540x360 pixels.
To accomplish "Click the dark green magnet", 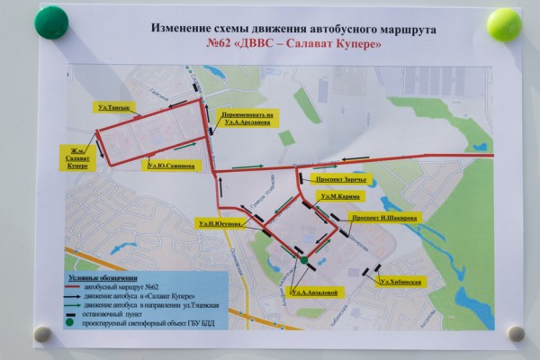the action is pyautogui.click(x=51, y=22).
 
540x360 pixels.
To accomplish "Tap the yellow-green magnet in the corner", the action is pyautogui.click(x=505, y=25).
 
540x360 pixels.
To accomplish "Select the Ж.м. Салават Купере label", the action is pyautogui.click(x=76, y=158).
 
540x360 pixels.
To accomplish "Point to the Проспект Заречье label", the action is pyautogui.click(x=342, y=178).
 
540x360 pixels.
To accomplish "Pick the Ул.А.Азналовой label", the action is pyautogui.click(x=314, y=292).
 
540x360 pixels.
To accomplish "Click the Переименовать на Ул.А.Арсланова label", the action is pyautogui.click(x=244, y=119).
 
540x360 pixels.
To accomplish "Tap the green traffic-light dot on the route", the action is pyautogui.click(x=304, y=262).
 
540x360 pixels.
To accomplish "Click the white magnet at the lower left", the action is pyautogui.click(x=41, y=334).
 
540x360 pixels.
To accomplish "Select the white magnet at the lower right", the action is pyautogui.click(x=516, y=333).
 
